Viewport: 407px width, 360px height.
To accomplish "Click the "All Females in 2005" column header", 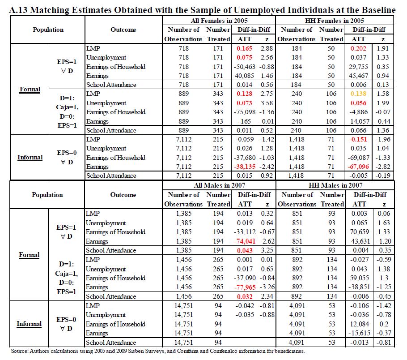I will coord(219,21).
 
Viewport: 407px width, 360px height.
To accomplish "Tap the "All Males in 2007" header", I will coord(219,186).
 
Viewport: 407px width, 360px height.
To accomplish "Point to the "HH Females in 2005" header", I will coord(335,21).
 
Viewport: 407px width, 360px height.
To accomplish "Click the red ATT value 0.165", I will coord(245,48).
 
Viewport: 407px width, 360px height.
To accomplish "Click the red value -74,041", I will coord(243,241).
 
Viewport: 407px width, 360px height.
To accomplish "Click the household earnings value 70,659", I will coord(359,232).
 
